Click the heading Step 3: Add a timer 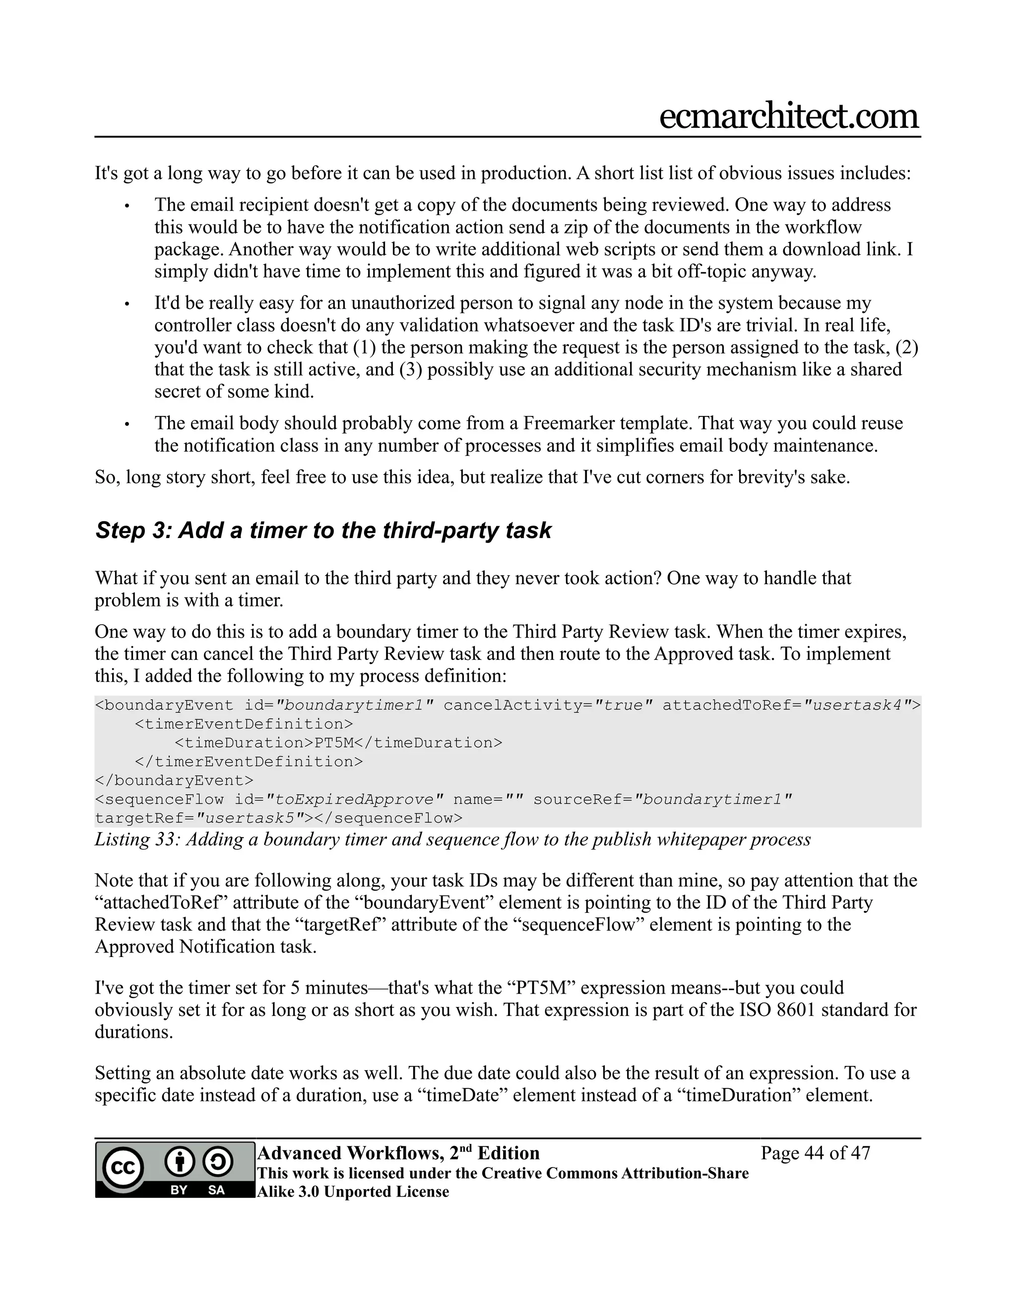323,531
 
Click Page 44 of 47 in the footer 815,1153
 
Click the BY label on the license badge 179,1190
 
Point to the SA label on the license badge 216,1190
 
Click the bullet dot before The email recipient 127,206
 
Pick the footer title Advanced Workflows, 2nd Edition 398,1153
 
